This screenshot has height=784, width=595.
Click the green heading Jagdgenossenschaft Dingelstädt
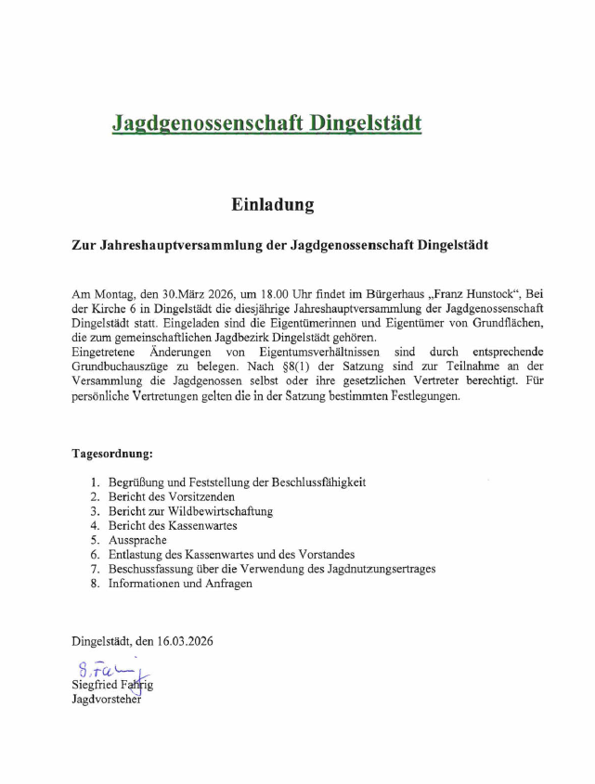[266, 122]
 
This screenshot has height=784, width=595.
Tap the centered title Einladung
[273, 204]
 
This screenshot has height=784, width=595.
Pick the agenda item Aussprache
[137, 540]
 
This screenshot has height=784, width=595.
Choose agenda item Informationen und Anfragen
[180, 584]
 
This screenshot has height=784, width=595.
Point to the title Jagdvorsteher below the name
[106, 700]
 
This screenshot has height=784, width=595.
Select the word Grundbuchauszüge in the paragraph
[121, 367]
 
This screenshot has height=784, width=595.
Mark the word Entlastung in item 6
[137, 555]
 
